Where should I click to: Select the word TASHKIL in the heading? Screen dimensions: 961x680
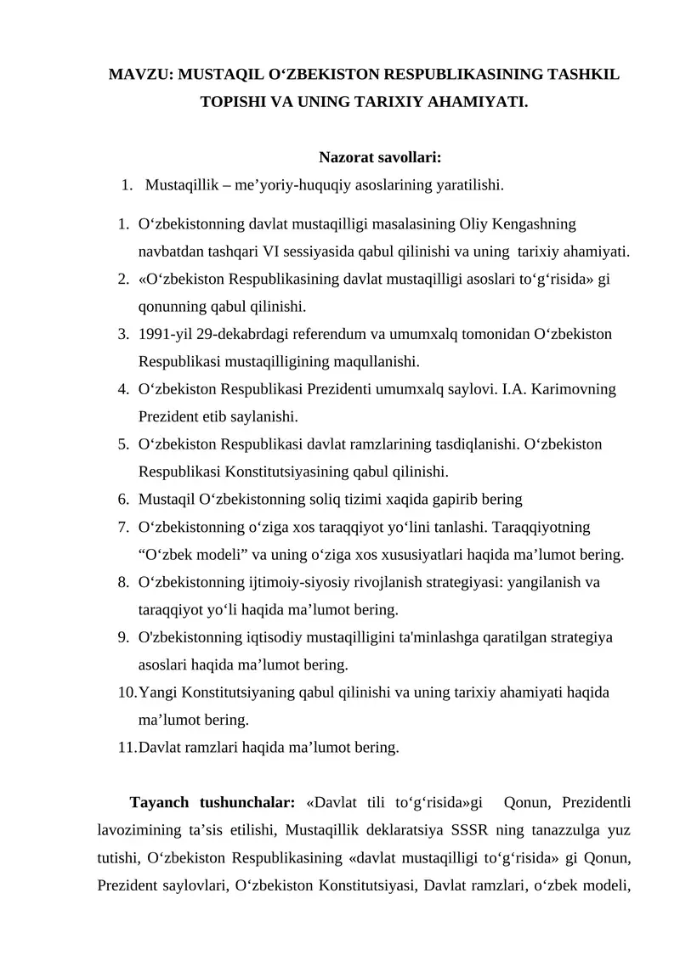coord(579,75)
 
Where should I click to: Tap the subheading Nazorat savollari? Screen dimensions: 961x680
coord(379,156)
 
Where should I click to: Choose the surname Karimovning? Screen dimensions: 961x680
coord(575,389)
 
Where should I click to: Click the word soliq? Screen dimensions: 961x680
coord(338,499)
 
